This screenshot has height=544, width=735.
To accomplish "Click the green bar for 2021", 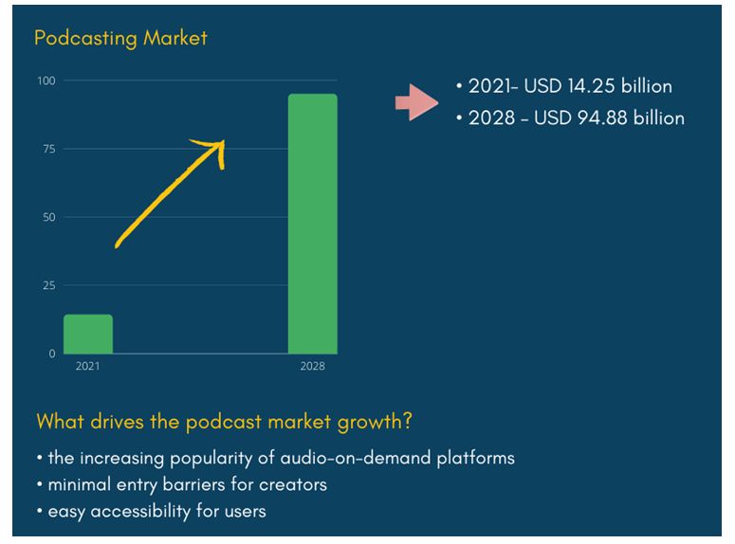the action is (x=88, y=334).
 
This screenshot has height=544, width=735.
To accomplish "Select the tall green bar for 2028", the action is (x=313, y=224).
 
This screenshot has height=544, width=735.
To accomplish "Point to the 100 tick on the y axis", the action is (x=46, y=81).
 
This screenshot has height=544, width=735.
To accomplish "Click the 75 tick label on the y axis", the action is (x=49, y=149).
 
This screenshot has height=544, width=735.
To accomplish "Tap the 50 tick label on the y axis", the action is (x=49, y=217).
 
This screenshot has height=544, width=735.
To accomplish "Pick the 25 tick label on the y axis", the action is (x=49, y=285).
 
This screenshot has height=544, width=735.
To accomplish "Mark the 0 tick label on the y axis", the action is (x=52, y=354).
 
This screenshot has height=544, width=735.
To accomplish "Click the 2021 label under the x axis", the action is (x=87, y=366).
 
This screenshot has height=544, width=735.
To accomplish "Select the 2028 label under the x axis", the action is (x=313, y=366).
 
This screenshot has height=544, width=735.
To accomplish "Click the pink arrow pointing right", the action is (x=416, y=102).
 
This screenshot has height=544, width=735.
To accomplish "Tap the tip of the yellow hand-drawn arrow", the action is (x=224, y=140).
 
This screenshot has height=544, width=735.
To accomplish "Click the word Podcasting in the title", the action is (x=85, y=38).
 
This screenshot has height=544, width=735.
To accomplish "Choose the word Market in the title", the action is (x=175, y=38).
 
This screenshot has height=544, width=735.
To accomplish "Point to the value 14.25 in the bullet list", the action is (x=591, y=86).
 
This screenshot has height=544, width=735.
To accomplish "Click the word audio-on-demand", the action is (x=356, y=458).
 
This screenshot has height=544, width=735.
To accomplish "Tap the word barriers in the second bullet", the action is (x=193, y=484).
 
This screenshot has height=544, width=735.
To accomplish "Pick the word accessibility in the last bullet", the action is (x=140, y=512).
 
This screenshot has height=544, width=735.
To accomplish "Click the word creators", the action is (x=293, y=485).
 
